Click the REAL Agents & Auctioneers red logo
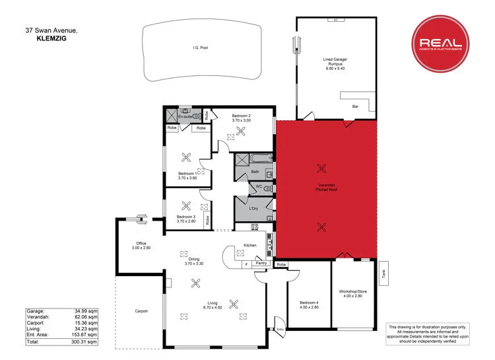pos(441,44)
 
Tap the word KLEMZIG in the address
pos(51,38)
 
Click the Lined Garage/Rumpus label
pos(335,63)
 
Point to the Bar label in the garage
pos(354,106)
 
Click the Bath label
pos(255,172)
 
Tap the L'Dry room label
pos(253,209)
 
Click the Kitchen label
pos(250,245)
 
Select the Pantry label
pos(262,264)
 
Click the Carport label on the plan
pos(141,311)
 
